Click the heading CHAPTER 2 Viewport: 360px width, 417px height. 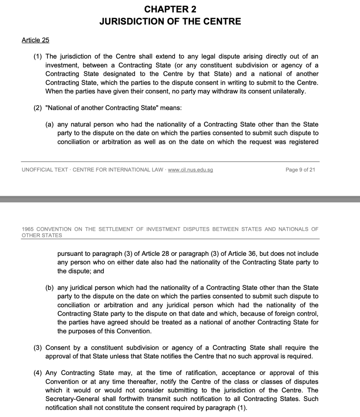pos(170,9)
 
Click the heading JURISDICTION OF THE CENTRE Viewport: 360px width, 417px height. pos(170,21)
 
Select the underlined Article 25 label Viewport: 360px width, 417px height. pos(35,40)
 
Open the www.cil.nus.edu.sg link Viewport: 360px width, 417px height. pos(190,170)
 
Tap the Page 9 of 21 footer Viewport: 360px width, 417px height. pos(300,170)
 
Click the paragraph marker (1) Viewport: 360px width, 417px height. pos(38,57)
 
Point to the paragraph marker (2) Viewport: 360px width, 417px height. pos(38,108)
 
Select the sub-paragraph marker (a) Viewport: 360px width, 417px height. pos(50,125)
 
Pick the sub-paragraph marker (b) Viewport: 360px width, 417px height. pos(50,288)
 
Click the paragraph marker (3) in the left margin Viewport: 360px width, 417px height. pos(38,348)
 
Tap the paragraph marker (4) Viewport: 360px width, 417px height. pos(38,373)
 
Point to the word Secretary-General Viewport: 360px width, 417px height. pos(73,399)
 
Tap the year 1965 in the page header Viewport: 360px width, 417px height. pos(28,229)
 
